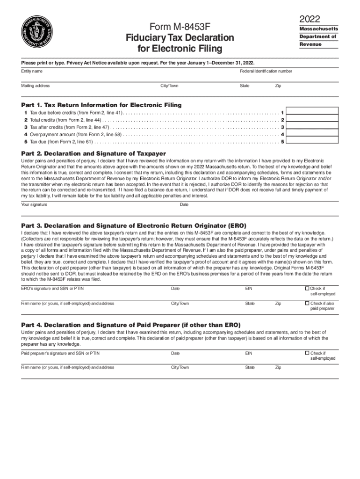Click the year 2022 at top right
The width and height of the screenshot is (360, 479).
tap(310, 19)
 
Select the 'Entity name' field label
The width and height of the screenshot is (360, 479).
tap(31, 71)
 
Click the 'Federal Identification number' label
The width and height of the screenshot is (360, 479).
tap(266, 71)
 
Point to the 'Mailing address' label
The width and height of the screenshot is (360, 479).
tap(35, 86)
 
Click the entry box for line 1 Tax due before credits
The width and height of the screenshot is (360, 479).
tap(313, 113)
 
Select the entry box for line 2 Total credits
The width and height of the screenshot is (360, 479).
tap(313, 120)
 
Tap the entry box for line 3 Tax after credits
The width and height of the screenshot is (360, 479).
tap(313, 127)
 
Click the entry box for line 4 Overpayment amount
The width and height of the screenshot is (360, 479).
tap(313, 134)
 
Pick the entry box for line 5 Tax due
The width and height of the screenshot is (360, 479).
tap(313, 141)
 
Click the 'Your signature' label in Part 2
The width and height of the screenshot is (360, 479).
tap(34, 204)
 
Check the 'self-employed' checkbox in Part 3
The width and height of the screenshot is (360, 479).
tap(307, 288)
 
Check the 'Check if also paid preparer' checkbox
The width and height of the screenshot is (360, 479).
tap(307, 303)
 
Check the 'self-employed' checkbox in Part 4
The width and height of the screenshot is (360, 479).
tap(307, 353)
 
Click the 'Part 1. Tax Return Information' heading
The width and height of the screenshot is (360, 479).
tap(101, 105)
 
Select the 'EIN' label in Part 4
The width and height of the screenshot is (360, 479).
tap(249, 353)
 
